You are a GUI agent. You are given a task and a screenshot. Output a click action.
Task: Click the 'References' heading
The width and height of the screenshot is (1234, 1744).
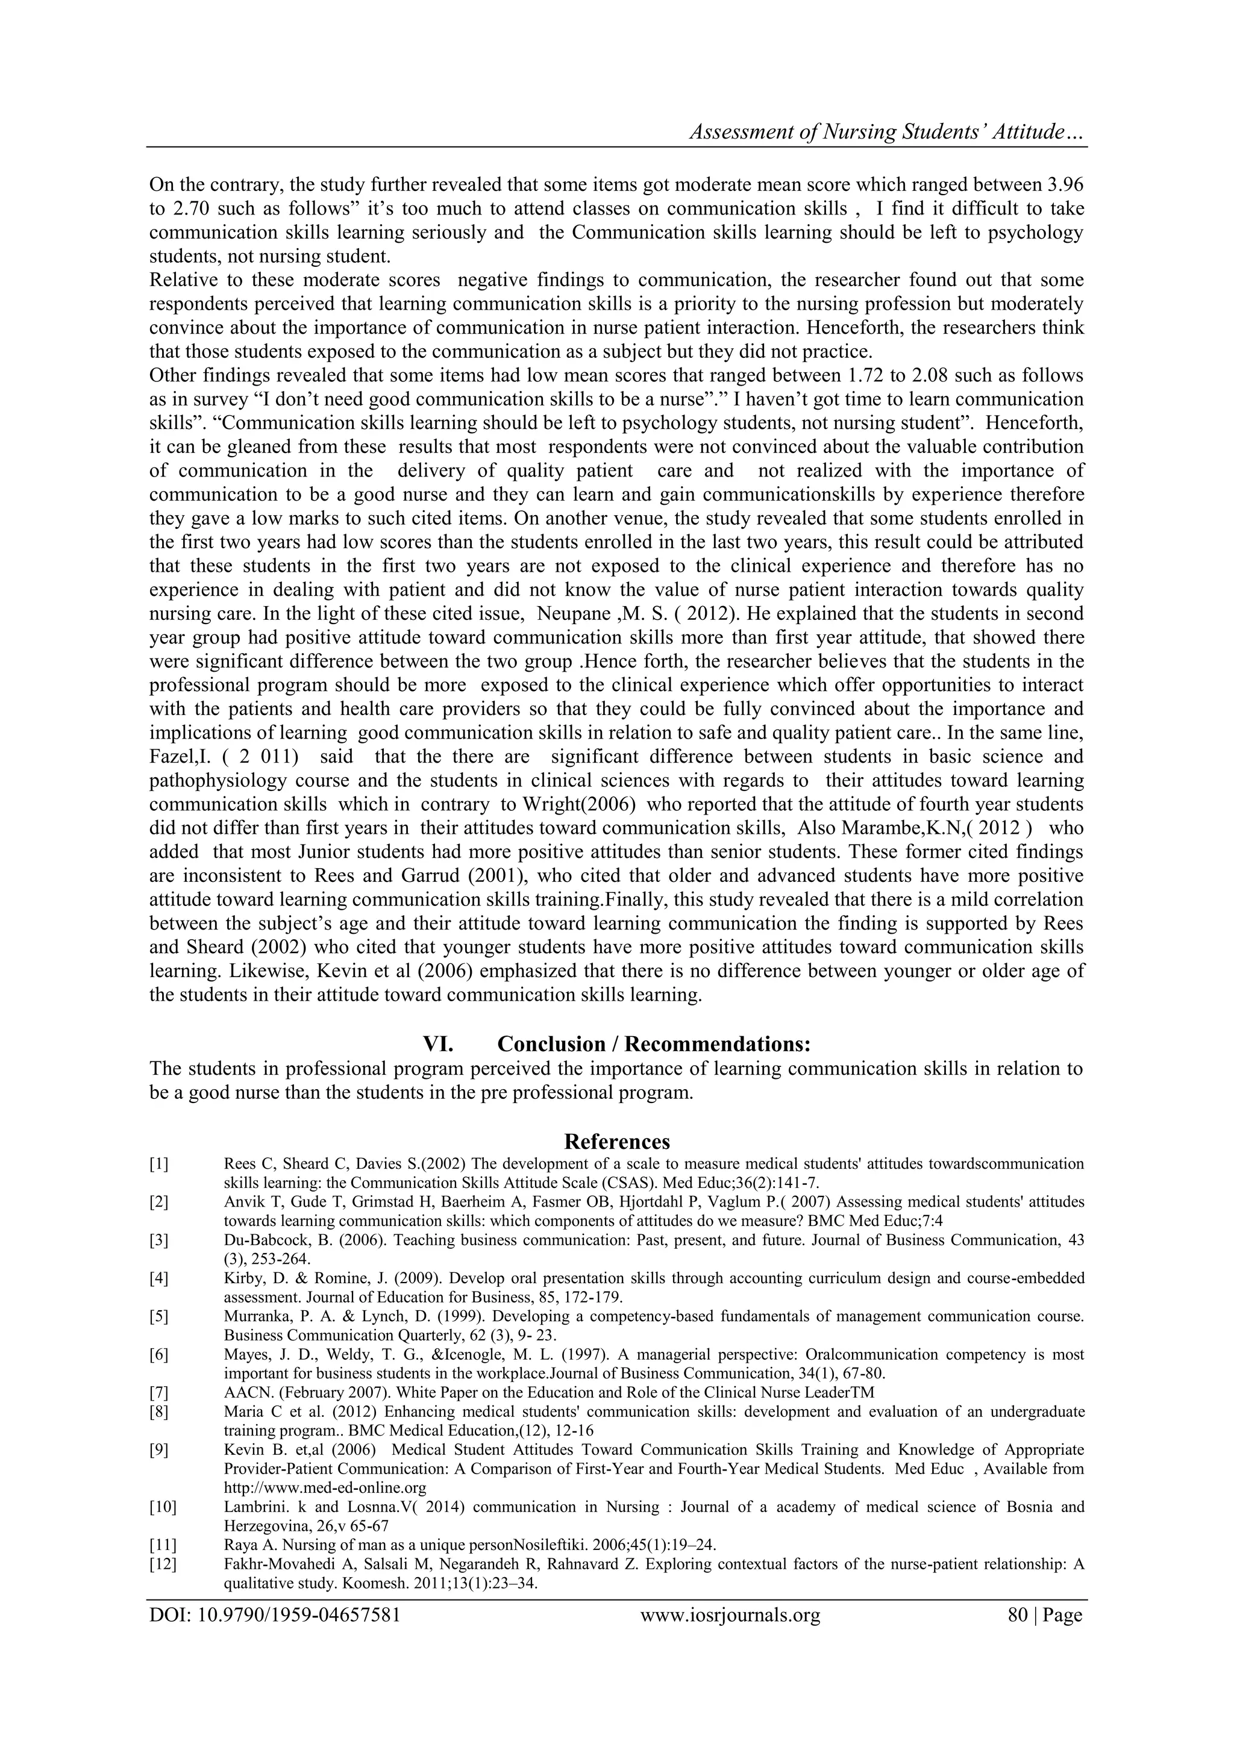pos(617,1142)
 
